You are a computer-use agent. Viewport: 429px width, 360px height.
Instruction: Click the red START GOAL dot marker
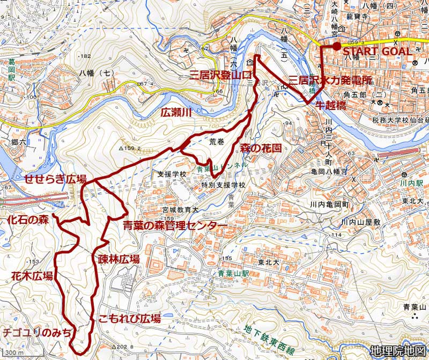coord(336,47)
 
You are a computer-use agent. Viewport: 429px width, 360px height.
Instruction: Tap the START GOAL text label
coord(378,52)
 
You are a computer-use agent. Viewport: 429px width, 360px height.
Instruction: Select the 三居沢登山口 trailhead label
coord(217,76)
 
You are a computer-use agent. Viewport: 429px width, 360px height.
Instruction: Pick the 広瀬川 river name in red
coord(177,113)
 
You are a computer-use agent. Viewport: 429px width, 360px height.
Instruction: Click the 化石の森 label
coord(28,219)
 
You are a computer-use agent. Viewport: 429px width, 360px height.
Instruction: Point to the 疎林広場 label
coord(119,259)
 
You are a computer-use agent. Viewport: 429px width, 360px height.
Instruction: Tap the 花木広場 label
coord(32,276)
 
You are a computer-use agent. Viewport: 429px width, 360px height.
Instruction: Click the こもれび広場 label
coord(129,319)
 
